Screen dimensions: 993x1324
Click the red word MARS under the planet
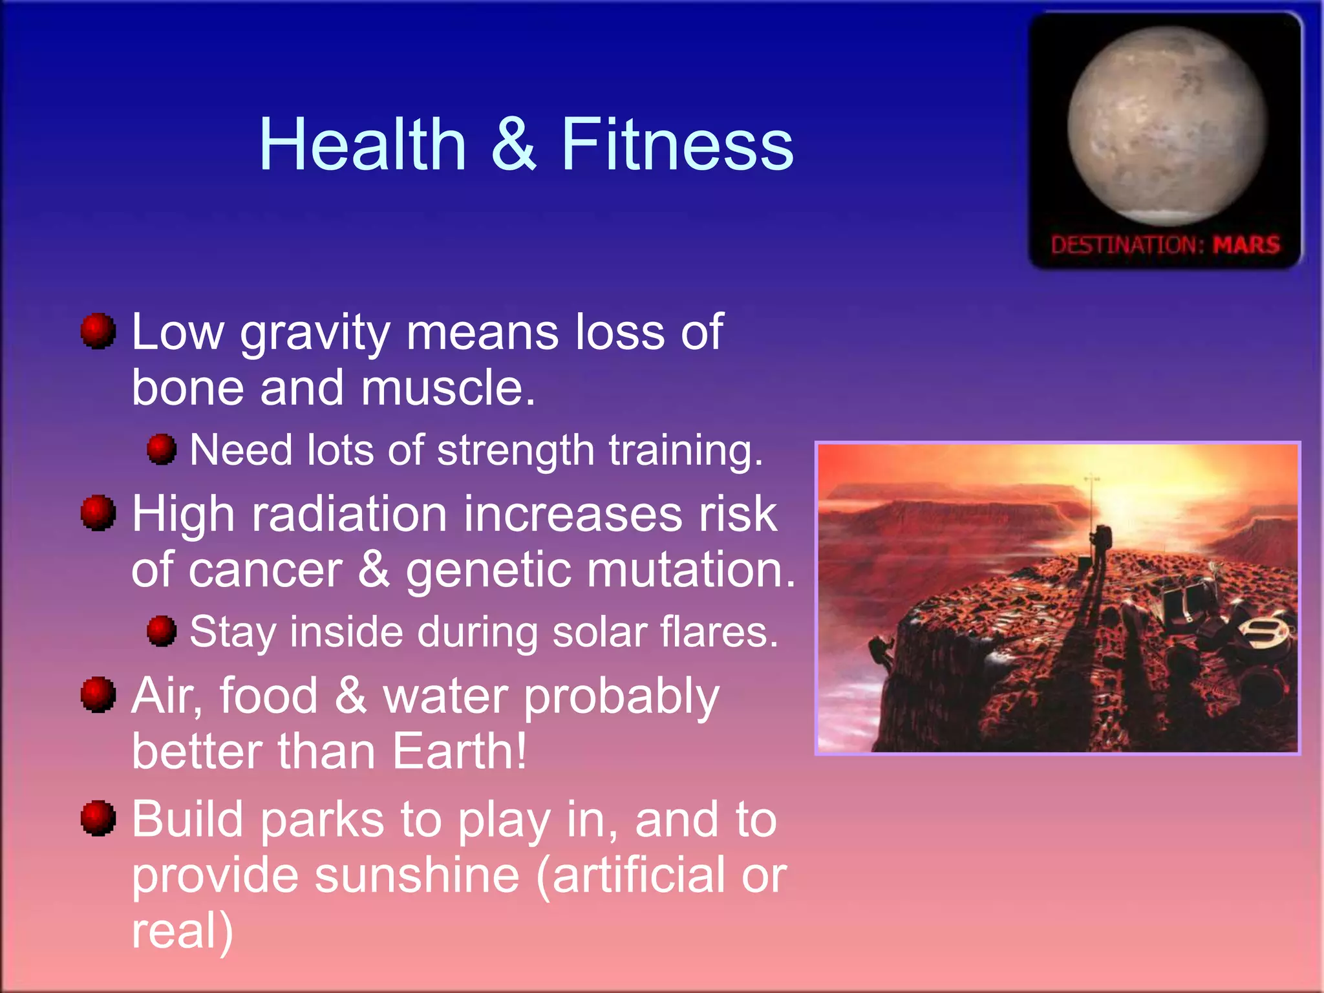point(1246,245)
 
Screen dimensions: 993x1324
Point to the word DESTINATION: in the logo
point(1127,246)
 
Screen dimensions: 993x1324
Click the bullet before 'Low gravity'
point(98,331)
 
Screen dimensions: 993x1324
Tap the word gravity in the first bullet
point(315,334)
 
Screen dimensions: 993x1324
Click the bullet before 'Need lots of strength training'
point(161,449)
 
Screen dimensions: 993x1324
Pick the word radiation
point(349,515)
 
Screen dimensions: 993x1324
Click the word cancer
point(266,571)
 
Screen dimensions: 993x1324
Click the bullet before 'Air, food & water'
point(98,695)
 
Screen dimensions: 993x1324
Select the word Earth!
point(459,752)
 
